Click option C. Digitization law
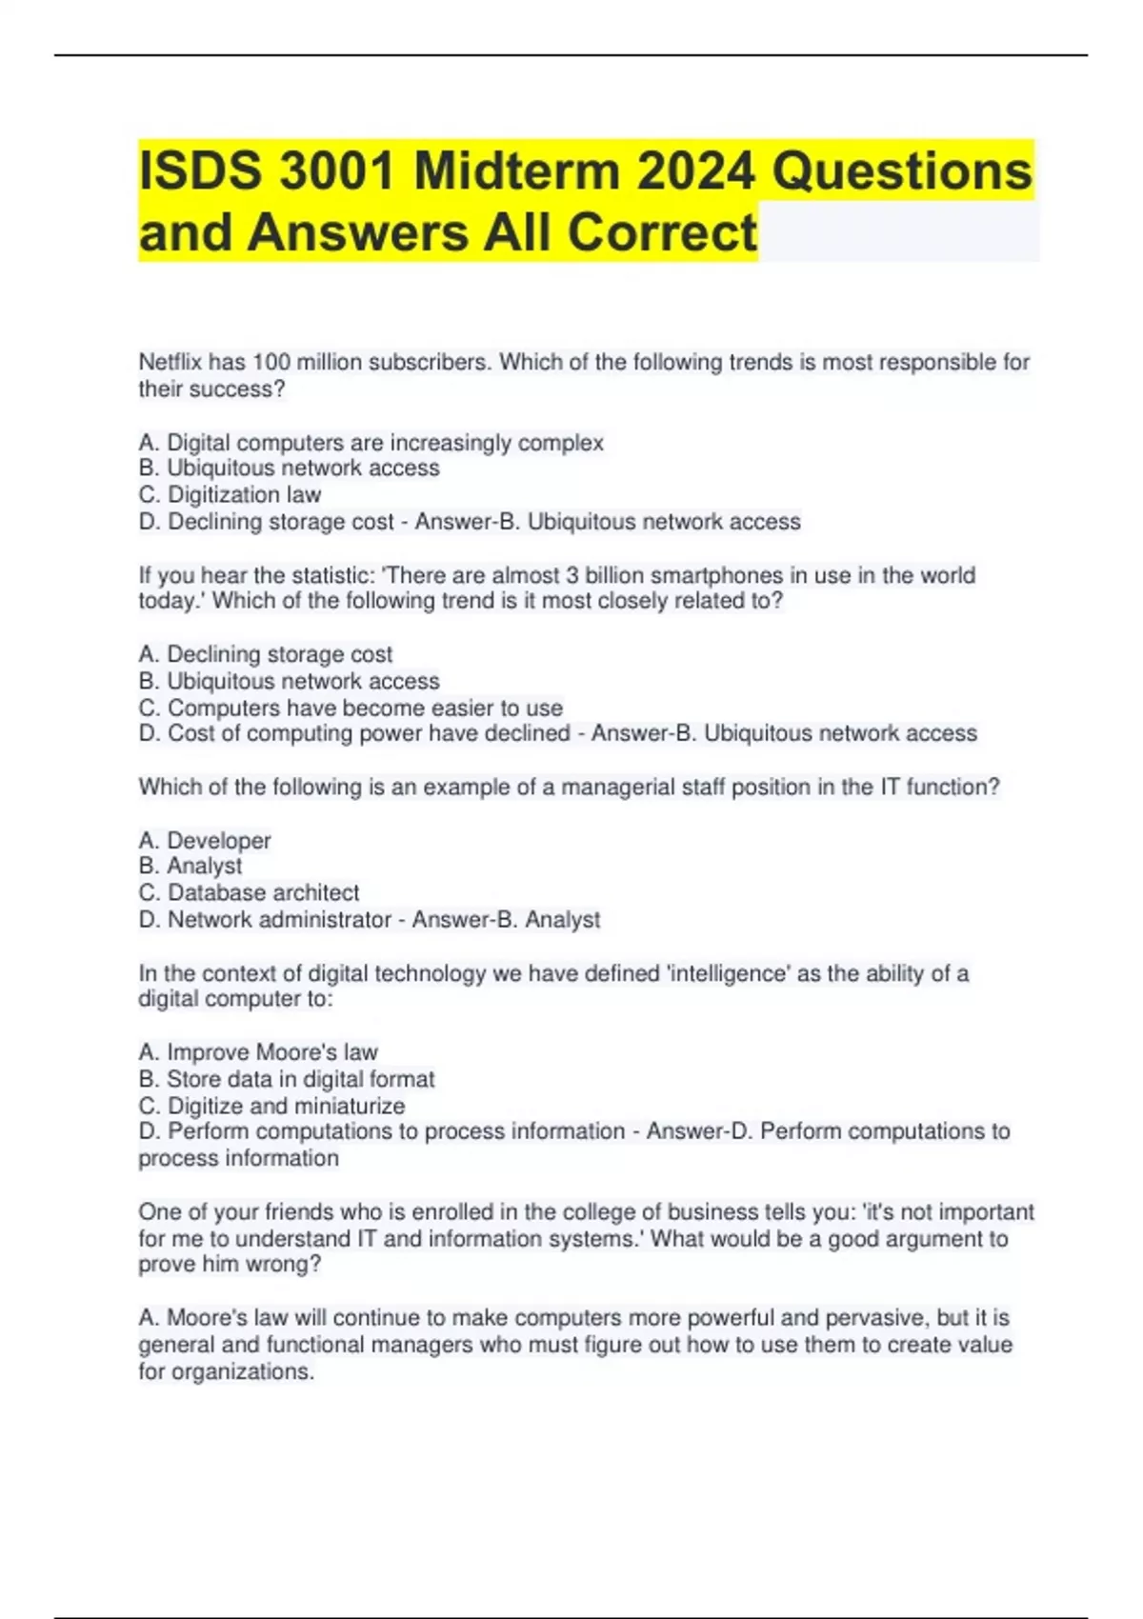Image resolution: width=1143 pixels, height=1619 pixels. tap(230, 495)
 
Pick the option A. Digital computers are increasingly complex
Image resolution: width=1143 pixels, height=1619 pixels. tap(371, 443)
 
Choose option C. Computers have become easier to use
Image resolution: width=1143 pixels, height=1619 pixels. tap(351, 708)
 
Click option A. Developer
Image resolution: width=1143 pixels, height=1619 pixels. tap(205, 841)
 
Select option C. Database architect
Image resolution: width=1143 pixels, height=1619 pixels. tap(249, 893)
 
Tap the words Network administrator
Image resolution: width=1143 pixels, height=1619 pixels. tap(279, 920)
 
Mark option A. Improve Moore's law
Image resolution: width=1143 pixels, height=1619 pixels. tap(258, 1052)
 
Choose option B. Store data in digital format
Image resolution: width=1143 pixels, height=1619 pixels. tap(286, 1079)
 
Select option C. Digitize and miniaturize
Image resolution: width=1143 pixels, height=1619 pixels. tap(271, 1106)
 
